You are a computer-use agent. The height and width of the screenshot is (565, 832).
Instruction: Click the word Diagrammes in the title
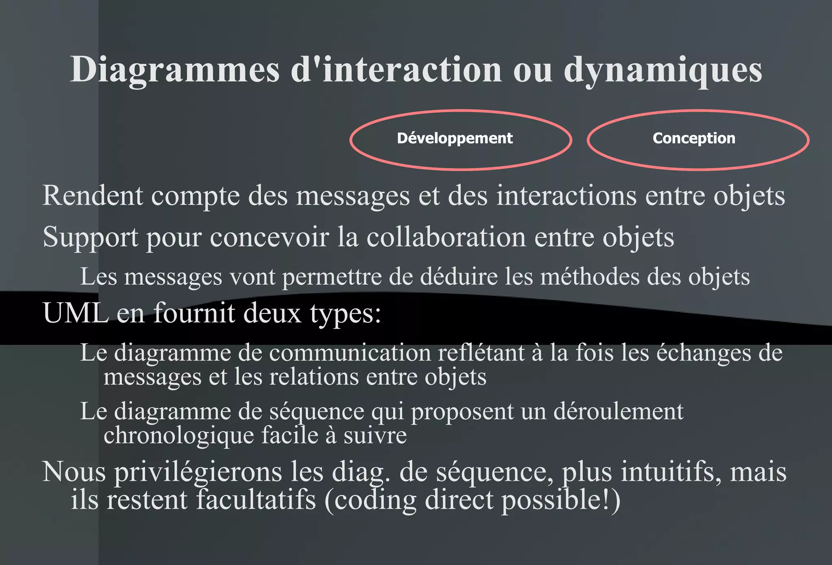(175, 70)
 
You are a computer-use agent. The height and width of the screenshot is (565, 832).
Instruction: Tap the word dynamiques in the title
(663, 70)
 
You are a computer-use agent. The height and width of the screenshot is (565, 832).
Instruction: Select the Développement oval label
(455, 139)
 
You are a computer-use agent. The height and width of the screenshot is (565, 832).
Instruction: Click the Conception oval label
(694, 139)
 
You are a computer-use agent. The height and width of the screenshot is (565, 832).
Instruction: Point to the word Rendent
(93, 195)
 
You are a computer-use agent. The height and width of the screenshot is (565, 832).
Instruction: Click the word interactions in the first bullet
(566, 195)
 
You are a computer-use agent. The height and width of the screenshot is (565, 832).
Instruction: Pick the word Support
(90, 237)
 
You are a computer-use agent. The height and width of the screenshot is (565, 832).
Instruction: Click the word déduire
(459, 277)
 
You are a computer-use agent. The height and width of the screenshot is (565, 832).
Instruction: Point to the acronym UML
(76, 313)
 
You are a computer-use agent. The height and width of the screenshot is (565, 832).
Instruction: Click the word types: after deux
(345, 314)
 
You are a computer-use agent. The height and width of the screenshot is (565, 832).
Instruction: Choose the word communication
(350, 353)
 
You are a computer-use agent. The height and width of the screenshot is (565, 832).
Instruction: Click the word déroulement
(618, 411)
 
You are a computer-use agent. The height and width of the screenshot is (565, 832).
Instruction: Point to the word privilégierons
(198, 472)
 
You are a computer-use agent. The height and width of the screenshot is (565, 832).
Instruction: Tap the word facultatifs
(256, 500)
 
